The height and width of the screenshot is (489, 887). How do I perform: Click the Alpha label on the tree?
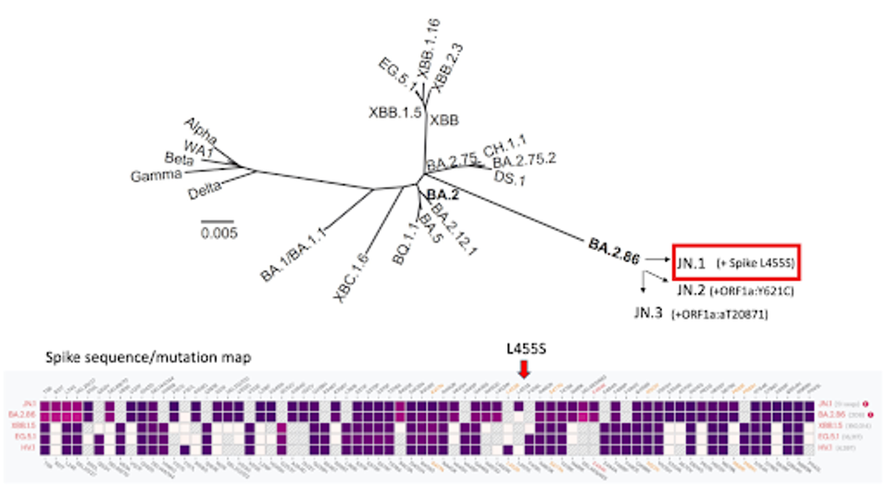201,127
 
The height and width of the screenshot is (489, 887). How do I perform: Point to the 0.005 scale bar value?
219,232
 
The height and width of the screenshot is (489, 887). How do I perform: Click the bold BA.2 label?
444,194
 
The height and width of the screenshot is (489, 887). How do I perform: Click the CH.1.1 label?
506,144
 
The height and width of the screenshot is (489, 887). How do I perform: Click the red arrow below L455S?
524,370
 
